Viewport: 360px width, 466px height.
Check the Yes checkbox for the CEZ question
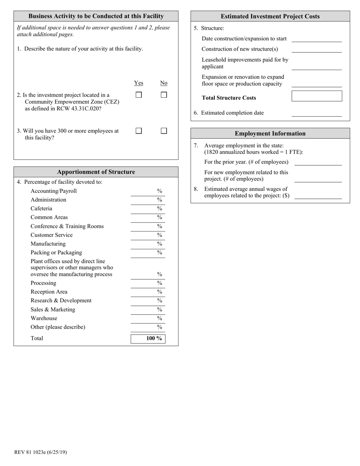click(139, 95)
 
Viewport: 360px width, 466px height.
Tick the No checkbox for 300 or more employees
click(164, 131)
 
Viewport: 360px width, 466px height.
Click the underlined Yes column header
click(139, 83)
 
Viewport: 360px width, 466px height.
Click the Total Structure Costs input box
click(316, 96)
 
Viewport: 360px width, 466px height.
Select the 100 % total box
click(148, 338)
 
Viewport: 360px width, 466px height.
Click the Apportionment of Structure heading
click(96, 172)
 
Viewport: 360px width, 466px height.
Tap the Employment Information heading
click(270, 133)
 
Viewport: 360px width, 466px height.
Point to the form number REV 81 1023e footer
click(41, 452)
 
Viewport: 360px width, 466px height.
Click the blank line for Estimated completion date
click(316, 113)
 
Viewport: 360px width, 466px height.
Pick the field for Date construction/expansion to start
click(316, 39)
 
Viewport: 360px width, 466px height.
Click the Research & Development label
click(61, 300)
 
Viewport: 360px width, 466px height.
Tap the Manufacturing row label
click(48, 244)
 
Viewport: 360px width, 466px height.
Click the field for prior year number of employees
click(318, 162)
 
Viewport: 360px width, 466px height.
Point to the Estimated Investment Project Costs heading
click(270, 16)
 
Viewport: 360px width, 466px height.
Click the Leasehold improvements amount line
click(316, 67)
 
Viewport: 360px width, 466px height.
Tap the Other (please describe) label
click(58, 327)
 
